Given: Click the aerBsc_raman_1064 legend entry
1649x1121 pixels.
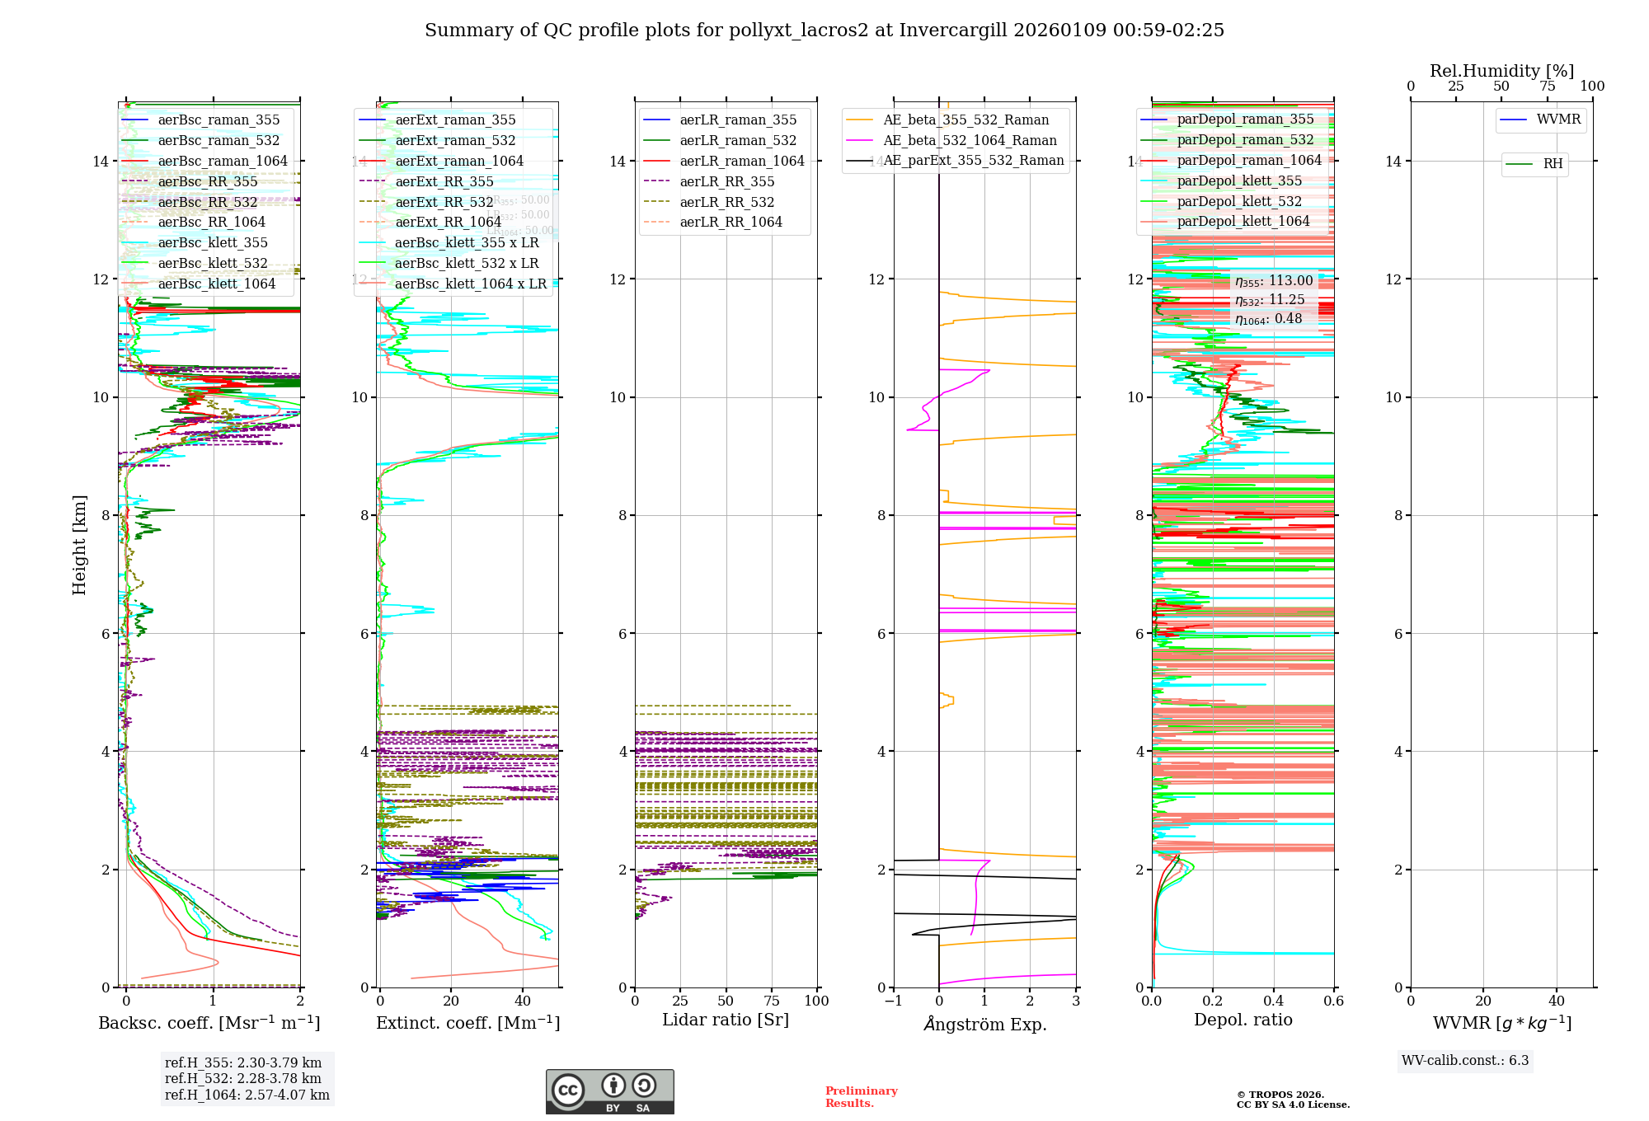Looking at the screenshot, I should click(223, 161).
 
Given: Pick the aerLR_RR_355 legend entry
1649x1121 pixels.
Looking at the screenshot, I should click(726, 181).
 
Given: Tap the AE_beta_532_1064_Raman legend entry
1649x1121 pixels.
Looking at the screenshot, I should click(970, 140).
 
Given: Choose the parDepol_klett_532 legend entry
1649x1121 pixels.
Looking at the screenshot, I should click(1239, 201).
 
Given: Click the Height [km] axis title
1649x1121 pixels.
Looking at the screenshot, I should click(79, 545).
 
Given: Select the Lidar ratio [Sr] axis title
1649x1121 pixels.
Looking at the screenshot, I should click(726, 1020).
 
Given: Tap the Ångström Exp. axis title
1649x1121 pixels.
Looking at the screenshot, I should click(984, 1024).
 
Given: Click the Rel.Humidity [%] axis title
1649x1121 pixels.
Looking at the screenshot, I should click(1501, 71).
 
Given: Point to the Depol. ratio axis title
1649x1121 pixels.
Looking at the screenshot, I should click(1243, 1020).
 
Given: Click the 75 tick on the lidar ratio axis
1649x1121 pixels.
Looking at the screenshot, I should click(772, 1001).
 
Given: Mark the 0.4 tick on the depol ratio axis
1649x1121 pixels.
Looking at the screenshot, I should click(1273, 1001).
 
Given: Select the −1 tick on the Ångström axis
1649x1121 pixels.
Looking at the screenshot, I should click(893, 1001).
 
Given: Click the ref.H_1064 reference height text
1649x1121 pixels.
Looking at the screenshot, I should click(247, 1095).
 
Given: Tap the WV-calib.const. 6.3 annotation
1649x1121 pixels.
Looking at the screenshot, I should click(1465, 1060).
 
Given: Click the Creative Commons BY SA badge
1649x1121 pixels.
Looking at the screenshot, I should click(609, 1091).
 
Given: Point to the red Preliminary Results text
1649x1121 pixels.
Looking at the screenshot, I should click(861, 1096).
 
